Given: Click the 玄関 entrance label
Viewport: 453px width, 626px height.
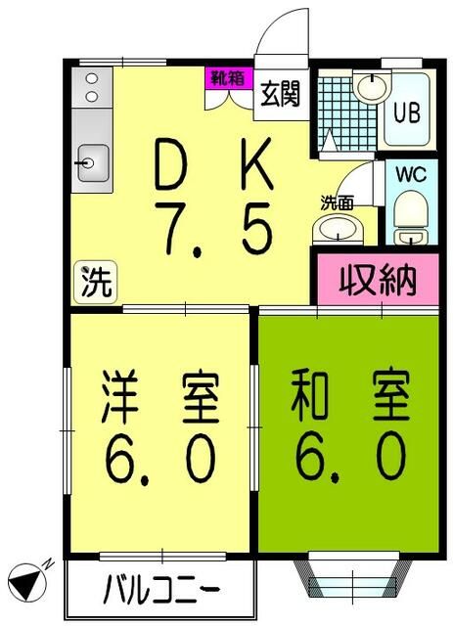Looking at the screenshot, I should [281, 96].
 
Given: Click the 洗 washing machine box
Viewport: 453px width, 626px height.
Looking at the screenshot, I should [95, 284].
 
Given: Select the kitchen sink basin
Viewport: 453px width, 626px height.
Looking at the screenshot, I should [93, 159].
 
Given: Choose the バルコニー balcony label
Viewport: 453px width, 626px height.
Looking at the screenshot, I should [161, 591].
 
